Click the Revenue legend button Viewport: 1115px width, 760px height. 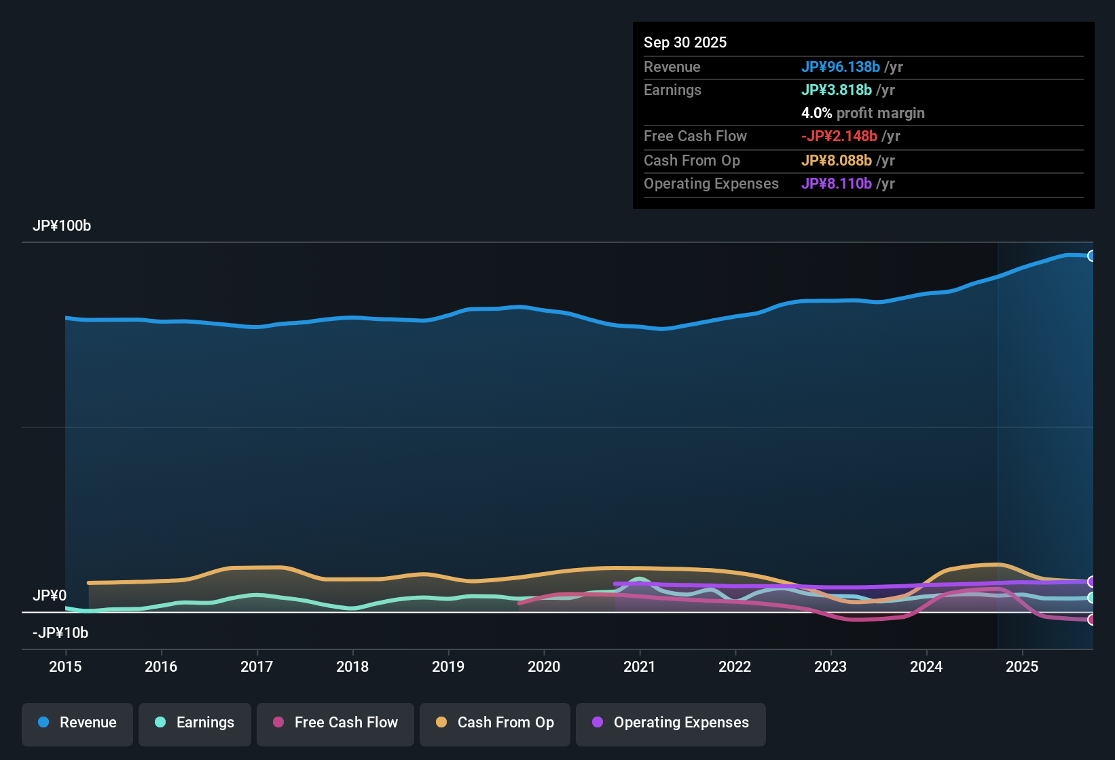pyautogui.click(x=77, y=723)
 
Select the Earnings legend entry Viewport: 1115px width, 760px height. pyautogui.click(x=195, y=723)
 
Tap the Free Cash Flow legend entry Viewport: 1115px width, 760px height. pyautogui.click(x=335, y=723)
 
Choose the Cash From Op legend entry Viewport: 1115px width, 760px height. pyautogui.click(x=495, y=723)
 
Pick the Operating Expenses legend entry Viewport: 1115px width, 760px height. pyautogui.click(x=671, y=723)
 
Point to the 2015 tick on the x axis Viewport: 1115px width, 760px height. pyautogui.click(x=65, y=666)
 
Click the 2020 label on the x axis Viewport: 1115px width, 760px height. pyautogui.click(x=544, y=666)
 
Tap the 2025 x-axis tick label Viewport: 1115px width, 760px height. pyautogui.click(x=1022, y=666)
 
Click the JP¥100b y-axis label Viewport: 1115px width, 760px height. pyautogui.click(x=62, y=226)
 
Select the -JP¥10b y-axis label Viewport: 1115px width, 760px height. pyautogui.click(x=60, y=632)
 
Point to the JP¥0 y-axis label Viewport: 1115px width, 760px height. pyautogui.click(x=50, y=595)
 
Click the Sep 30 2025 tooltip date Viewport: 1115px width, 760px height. pyautogui.click(x=685, y=42)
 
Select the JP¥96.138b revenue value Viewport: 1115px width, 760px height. pyautogui.click(x=840, y=66)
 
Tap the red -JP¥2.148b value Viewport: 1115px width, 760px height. pyautogui.click(x=839, y=136)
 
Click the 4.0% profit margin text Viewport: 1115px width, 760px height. pyautogui.click(x=862, y=113)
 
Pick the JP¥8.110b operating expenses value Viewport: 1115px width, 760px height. pyautogui.click(x=836, y=183)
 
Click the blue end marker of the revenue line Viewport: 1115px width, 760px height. pyautogui.click(x=1091, y=256)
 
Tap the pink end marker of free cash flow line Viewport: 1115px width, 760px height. pyautogui.click(x=1091, y=620)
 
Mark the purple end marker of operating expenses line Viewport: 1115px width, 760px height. pyautogui.click(x=1091, y=582)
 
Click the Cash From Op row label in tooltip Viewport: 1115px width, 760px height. pyautogui.click(x=691, y=160)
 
